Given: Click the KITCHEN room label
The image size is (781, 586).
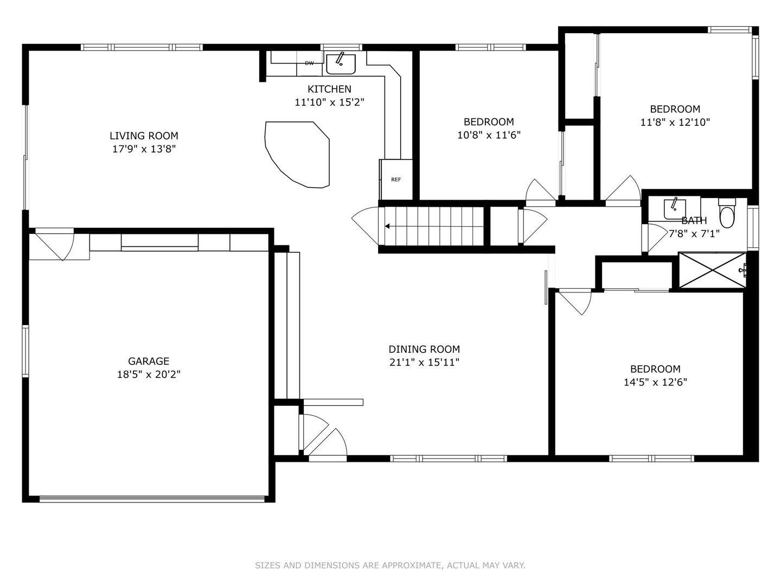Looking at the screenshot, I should tap(329, 89).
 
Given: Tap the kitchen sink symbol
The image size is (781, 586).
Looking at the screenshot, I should tap(341, 63).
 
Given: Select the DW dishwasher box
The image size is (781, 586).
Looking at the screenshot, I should tap(309, 63).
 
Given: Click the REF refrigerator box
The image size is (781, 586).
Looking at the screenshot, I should tap(396, 180).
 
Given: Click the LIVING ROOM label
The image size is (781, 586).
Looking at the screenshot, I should tap(144, 136).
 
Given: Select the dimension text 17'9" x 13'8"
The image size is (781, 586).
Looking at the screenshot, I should tap(144, 149).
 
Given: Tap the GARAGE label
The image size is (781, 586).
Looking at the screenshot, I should tap(149, 361).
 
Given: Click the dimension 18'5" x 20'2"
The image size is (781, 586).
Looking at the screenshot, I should tap(149, 374).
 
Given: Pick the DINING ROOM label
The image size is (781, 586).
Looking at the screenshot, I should tap(424, 349).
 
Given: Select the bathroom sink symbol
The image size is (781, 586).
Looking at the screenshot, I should tap(674, 208).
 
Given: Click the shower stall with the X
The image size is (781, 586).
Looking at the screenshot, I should tap(712, 270).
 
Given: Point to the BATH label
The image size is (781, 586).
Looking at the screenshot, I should tap(694, 220).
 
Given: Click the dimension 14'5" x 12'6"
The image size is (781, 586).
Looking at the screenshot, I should tap(655, 382).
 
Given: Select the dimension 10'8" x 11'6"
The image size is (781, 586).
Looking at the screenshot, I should tap(489, 135).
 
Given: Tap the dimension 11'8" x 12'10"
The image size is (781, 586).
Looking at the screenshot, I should tap(675, 122).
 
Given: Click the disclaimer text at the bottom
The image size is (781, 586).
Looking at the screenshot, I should tap(390, 565).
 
